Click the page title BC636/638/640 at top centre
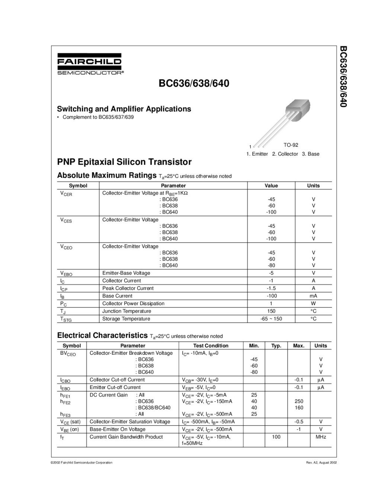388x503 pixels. coord(194,83)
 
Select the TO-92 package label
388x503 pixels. coord(291,145)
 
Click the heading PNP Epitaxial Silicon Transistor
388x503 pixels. coord(124,162)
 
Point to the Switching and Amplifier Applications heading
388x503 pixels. coord(124,109)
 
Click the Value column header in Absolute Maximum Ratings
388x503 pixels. coord(271,186)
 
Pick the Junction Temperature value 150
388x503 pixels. coord(271,311)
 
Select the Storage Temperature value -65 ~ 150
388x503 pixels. coord(271,319)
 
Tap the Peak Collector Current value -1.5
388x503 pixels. coord(271,288)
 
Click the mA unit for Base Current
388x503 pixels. coord(313,296)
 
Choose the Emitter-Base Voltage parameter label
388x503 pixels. coord(126,273)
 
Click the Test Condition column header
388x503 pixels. coord(211,346)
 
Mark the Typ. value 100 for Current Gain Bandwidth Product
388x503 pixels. coord(276,437)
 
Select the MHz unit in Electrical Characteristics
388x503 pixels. coord(321,437)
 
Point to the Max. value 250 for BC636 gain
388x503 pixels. coord(299,401)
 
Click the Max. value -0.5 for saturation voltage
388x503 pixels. coord(299,422)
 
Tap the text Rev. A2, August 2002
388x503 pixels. coord(321,462)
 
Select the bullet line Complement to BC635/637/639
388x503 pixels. coord(98,117)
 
